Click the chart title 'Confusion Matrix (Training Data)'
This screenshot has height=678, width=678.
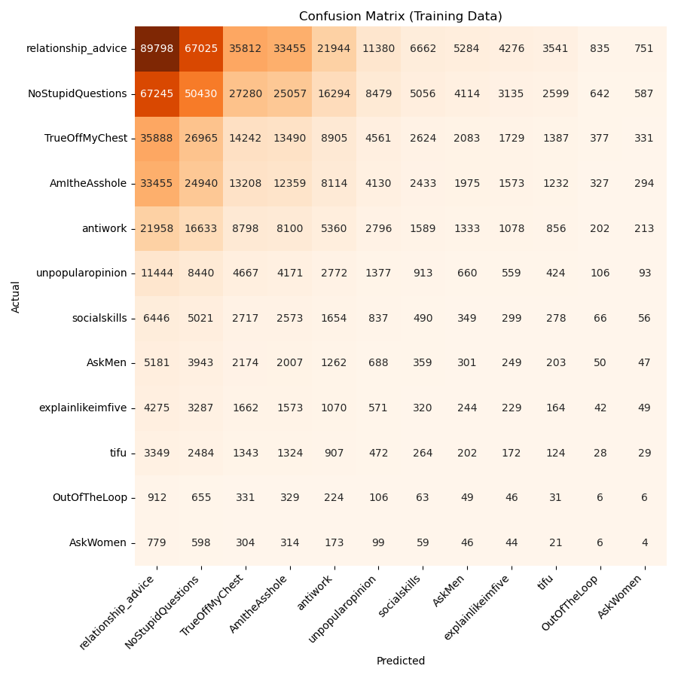click(x=400, y=17)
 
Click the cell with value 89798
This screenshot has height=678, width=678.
click(x=157, y=49)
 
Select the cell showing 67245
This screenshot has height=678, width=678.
click(x=157, y=94)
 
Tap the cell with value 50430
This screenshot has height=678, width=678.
click(x=201, y=94)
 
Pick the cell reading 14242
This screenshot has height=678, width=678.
click(x=246, y=139)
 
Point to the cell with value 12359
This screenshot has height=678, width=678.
click(x=290, y=184)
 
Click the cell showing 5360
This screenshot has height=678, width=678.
click(x=334, y=228)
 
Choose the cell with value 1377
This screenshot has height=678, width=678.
click(x=378, y=273)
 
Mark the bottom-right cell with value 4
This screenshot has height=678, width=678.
click(x=644, y=542)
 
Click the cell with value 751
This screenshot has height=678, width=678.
click(x=644, y=49)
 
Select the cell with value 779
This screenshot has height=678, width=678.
click(x=157, y=542)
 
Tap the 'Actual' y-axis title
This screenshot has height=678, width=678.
click(x=16, y=296)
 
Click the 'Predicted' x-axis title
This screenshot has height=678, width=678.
click(x=400, y=661)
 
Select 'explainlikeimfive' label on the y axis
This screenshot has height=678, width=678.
click(x=83, y=408)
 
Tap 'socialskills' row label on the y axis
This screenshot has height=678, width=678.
click(x=93, y=318)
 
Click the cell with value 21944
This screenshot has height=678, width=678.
click(x=334, y=49)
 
